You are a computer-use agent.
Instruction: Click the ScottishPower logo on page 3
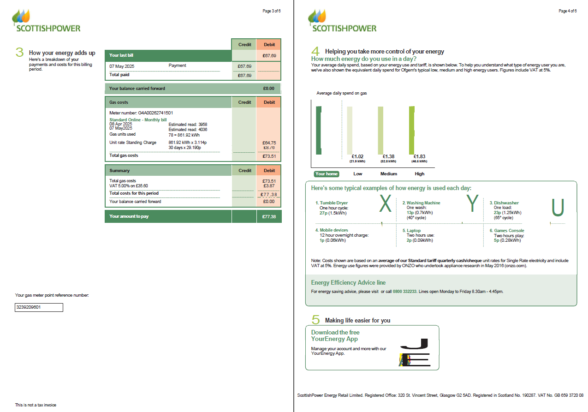46,21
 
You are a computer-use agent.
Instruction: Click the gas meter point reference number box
39,307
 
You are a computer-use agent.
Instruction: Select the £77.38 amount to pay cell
269,216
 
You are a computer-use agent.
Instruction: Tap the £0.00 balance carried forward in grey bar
268,88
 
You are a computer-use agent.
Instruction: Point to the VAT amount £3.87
269,185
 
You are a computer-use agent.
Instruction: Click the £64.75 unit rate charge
269,143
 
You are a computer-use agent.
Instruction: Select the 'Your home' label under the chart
326,174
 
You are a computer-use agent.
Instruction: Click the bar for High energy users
411,130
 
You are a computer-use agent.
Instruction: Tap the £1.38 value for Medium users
389,157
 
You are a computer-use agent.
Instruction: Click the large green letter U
558,207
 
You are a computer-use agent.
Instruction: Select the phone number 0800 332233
404,292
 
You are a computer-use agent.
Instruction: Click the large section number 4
315,51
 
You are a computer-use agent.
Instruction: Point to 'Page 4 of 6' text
567,11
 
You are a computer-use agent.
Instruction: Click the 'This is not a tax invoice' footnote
36,405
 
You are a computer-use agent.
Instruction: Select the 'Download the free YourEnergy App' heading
335,335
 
